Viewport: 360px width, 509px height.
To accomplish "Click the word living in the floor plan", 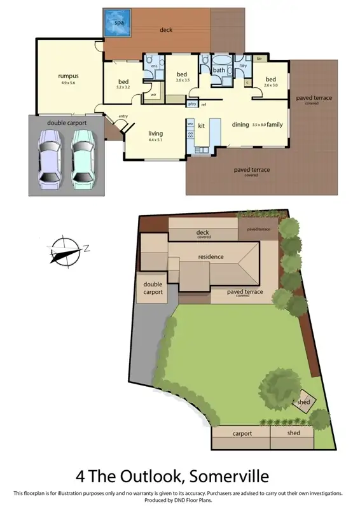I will coord(155,134).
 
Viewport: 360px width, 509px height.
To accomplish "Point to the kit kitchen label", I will coord(202,125).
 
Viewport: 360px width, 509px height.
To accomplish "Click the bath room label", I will coord(219,71).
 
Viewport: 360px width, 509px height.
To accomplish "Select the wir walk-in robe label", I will coord(154,95).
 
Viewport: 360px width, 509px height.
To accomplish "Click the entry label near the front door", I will coord(123,116).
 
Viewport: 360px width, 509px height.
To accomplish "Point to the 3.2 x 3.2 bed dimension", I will coord(123,87).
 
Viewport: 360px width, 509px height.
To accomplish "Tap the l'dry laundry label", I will coord(242,66).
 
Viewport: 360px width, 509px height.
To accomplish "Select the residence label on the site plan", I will coord(211,257).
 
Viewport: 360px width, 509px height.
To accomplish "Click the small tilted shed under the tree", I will coord(303,402).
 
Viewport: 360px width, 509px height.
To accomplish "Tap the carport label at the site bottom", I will coord(242,433).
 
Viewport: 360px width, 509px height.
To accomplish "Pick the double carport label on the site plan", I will coord(153,288).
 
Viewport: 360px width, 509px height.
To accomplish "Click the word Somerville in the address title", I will coord(223,476).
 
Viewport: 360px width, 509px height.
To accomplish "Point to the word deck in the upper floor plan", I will coord(166,30).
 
